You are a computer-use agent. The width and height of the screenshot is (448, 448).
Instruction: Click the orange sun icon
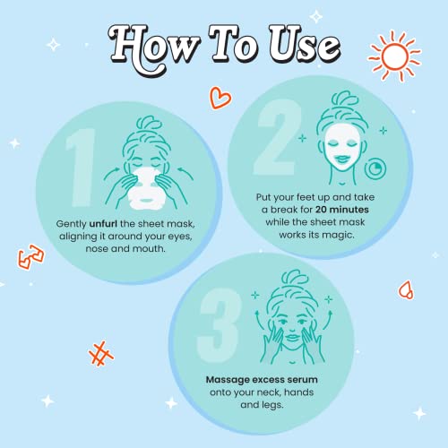[394, 56]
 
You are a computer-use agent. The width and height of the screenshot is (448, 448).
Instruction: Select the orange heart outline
[220, 98]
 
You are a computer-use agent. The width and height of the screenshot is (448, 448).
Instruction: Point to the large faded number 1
[80, 168]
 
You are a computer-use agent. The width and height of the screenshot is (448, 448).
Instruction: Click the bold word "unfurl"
[103, 224]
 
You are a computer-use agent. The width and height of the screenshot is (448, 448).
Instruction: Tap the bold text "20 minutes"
[342, 210]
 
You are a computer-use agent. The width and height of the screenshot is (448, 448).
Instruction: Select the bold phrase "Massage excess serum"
[262, 380]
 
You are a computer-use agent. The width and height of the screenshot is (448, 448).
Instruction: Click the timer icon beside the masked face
[375, 168]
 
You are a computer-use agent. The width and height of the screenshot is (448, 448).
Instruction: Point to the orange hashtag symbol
[101, 354]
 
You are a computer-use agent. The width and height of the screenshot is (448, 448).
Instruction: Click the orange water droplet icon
[406, 290]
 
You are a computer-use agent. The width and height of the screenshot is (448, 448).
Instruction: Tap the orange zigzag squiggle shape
[30, 257]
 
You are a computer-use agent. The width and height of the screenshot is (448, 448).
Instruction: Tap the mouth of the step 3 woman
[292, 337]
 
